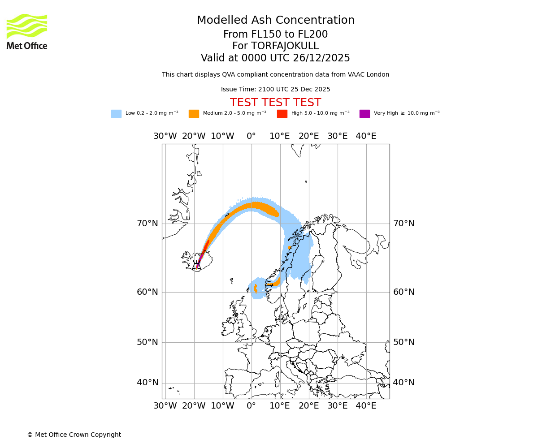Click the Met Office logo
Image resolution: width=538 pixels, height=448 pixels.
(27, 31)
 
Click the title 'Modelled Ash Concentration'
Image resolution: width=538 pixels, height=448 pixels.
(275, 21)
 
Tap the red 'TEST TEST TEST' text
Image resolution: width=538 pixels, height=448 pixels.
(275, 103)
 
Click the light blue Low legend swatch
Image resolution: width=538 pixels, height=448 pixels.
(116, 114)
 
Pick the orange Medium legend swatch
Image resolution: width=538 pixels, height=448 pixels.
(194, 114)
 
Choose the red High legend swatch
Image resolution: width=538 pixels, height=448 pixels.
(282, 114)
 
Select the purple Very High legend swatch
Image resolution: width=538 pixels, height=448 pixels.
(364, 114)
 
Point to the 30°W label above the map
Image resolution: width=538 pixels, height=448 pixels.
(165, 136)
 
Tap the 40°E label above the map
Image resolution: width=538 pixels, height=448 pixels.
(366, 136)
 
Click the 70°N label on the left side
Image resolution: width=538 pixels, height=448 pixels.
(148, 224)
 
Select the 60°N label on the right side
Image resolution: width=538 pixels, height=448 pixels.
(403, 292)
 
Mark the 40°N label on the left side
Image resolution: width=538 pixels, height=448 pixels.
(148, 383)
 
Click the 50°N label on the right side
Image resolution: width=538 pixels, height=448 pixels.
(403, 342)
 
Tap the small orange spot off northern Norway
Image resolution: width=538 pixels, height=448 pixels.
(289, 247)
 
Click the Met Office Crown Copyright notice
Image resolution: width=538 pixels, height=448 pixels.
(74, 435)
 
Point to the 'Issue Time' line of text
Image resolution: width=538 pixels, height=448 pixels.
(275, 90)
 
